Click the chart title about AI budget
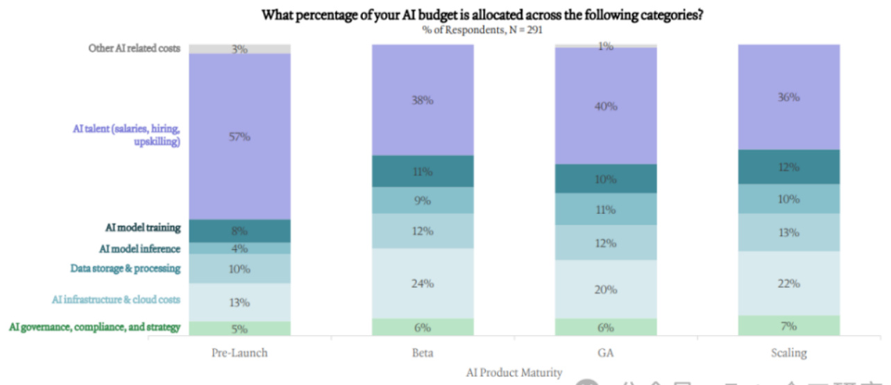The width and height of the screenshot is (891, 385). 482,15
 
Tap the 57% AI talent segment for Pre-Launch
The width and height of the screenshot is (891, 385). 239,137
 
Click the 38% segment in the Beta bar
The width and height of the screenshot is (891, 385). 423,100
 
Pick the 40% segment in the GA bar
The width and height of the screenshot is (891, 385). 606,105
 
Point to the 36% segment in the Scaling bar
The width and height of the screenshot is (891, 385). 789,97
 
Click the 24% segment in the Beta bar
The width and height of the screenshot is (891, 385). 423,283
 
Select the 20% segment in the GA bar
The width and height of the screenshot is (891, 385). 606,289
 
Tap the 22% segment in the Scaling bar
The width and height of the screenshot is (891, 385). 789,283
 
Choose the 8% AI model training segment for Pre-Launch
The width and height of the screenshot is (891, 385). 239,230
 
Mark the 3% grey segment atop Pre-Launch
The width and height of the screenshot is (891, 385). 239,49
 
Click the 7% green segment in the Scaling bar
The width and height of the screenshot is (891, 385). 789,325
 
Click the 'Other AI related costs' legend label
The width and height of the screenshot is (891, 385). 134,49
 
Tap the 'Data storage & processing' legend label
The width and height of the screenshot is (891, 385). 125,268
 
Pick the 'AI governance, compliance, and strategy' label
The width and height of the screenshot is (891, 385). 94,327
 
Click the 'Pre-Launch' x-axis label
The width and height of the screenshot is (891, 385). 239,352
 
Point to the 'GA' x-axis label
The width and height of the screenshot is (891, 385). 606,352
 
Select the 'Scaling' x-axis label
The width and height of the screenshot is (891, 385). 789,352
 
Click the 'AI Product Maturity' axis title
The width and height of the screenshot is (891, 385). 514,373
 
